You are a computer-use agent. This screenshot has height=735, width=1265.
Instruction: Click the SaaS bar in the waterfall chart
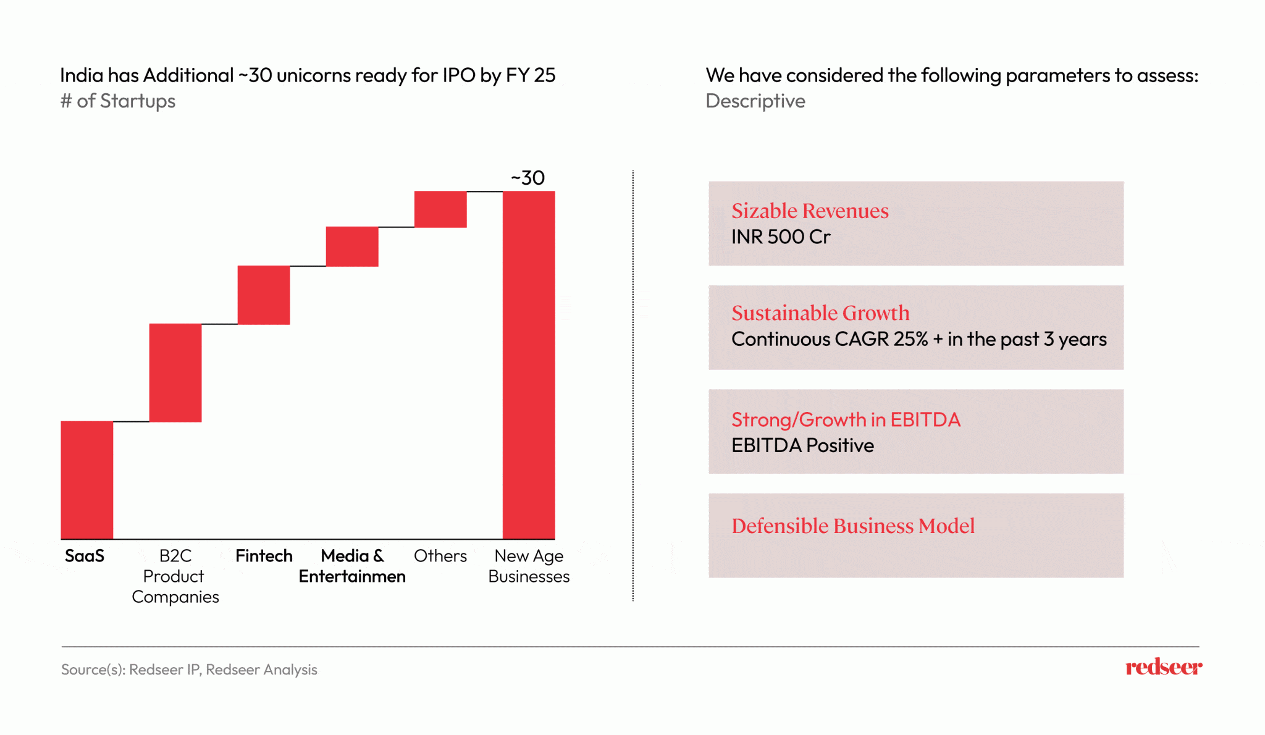coord(86,480)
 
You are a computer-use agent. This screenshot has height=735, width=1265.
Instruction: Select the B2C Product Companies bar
coord(175,372)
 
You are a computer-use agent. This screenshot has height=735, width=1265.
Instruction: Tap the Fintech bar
coord(264,295)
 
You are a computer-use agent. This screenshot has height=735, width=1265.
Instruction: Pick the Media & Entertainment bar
coord(352,246)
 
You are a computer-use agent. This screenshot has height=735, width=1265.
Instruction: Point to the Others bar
coord(440,209)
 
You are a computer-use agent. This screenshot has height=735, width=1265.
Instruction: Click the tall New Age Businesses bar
coord(529,364)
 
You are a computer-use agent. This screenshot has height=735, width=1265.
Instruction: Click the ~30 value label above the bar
coord(528,178)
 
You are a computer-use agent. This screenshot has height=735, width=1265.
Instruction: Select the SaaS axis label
coord(85,556)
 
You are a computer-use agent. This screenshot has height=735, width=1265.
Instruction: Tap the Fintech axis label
coord(264,556)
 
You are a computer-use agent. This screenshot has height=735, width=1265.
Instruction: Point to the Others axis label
coord(440,556)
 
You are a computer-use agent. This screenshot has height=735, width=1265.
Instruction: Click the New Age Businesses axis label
coord(529,566)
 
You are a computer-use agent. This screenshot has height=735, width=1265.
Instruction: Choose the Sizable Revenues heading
coord(810,211)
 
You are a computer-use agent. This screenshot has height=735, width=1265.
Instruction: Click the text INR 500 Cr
coord(781,237)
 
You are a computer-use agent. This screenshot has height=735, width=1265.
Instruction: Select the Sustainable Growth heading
coord(820,313)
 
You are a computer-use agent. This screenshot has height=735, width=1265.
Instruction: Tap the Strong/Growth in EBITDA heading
coord(846,420)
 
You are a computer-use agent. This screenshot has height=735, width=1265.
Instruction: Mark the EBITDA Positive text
coord(802,445)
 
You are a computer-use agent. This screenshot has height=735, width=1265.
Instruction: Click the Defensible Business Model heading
coord(853,526)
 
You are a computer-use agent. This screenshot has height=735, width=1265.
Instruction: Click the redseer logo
coord(1164,667)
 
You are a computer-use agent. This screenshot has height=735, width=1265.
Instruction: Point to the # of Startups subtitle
coord(118,101)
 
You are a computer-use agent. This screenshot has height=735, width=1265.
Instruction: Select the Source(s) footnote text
coord(189,670)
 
